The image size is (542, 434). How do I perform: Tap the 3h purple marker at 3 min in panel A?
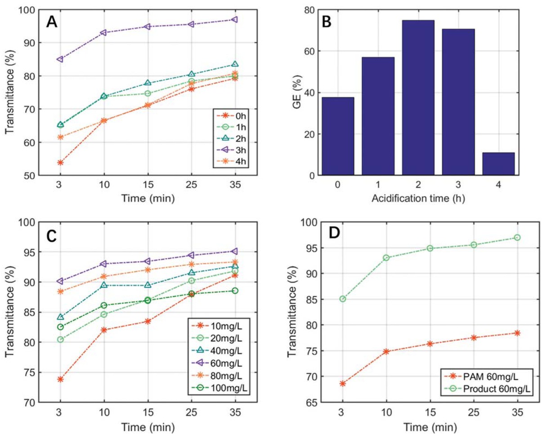click(60, 59)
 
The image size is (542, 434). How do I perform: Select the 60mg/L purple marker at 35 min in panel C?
click(234, 251)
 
